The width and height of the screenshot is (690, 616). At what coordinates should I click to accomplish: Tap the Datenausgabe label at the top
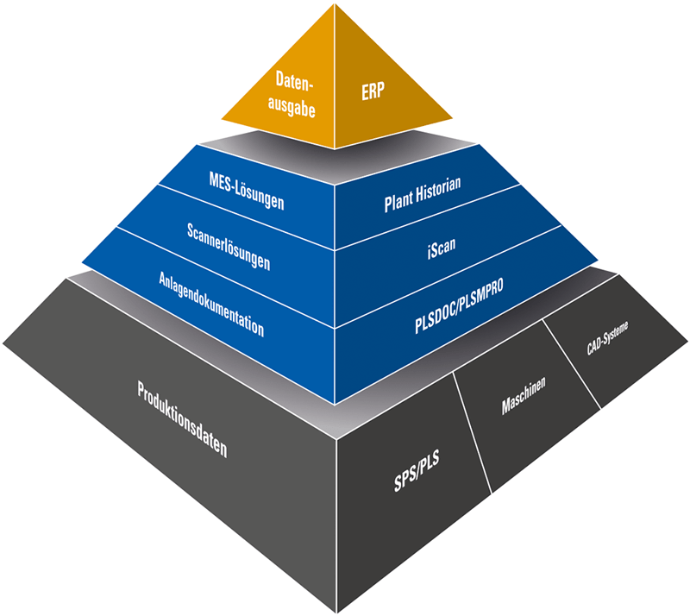click(x=293, y=95)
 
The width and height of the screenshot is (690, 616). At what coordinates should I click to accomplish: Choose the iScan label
click(x=440, y=249)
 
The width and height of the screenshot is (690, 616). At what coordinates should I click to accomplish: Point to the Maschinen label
click(x=524, y=401)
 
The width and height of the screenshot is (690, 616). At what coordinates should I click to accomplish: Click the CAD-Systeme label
click(x=601, y=341)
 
